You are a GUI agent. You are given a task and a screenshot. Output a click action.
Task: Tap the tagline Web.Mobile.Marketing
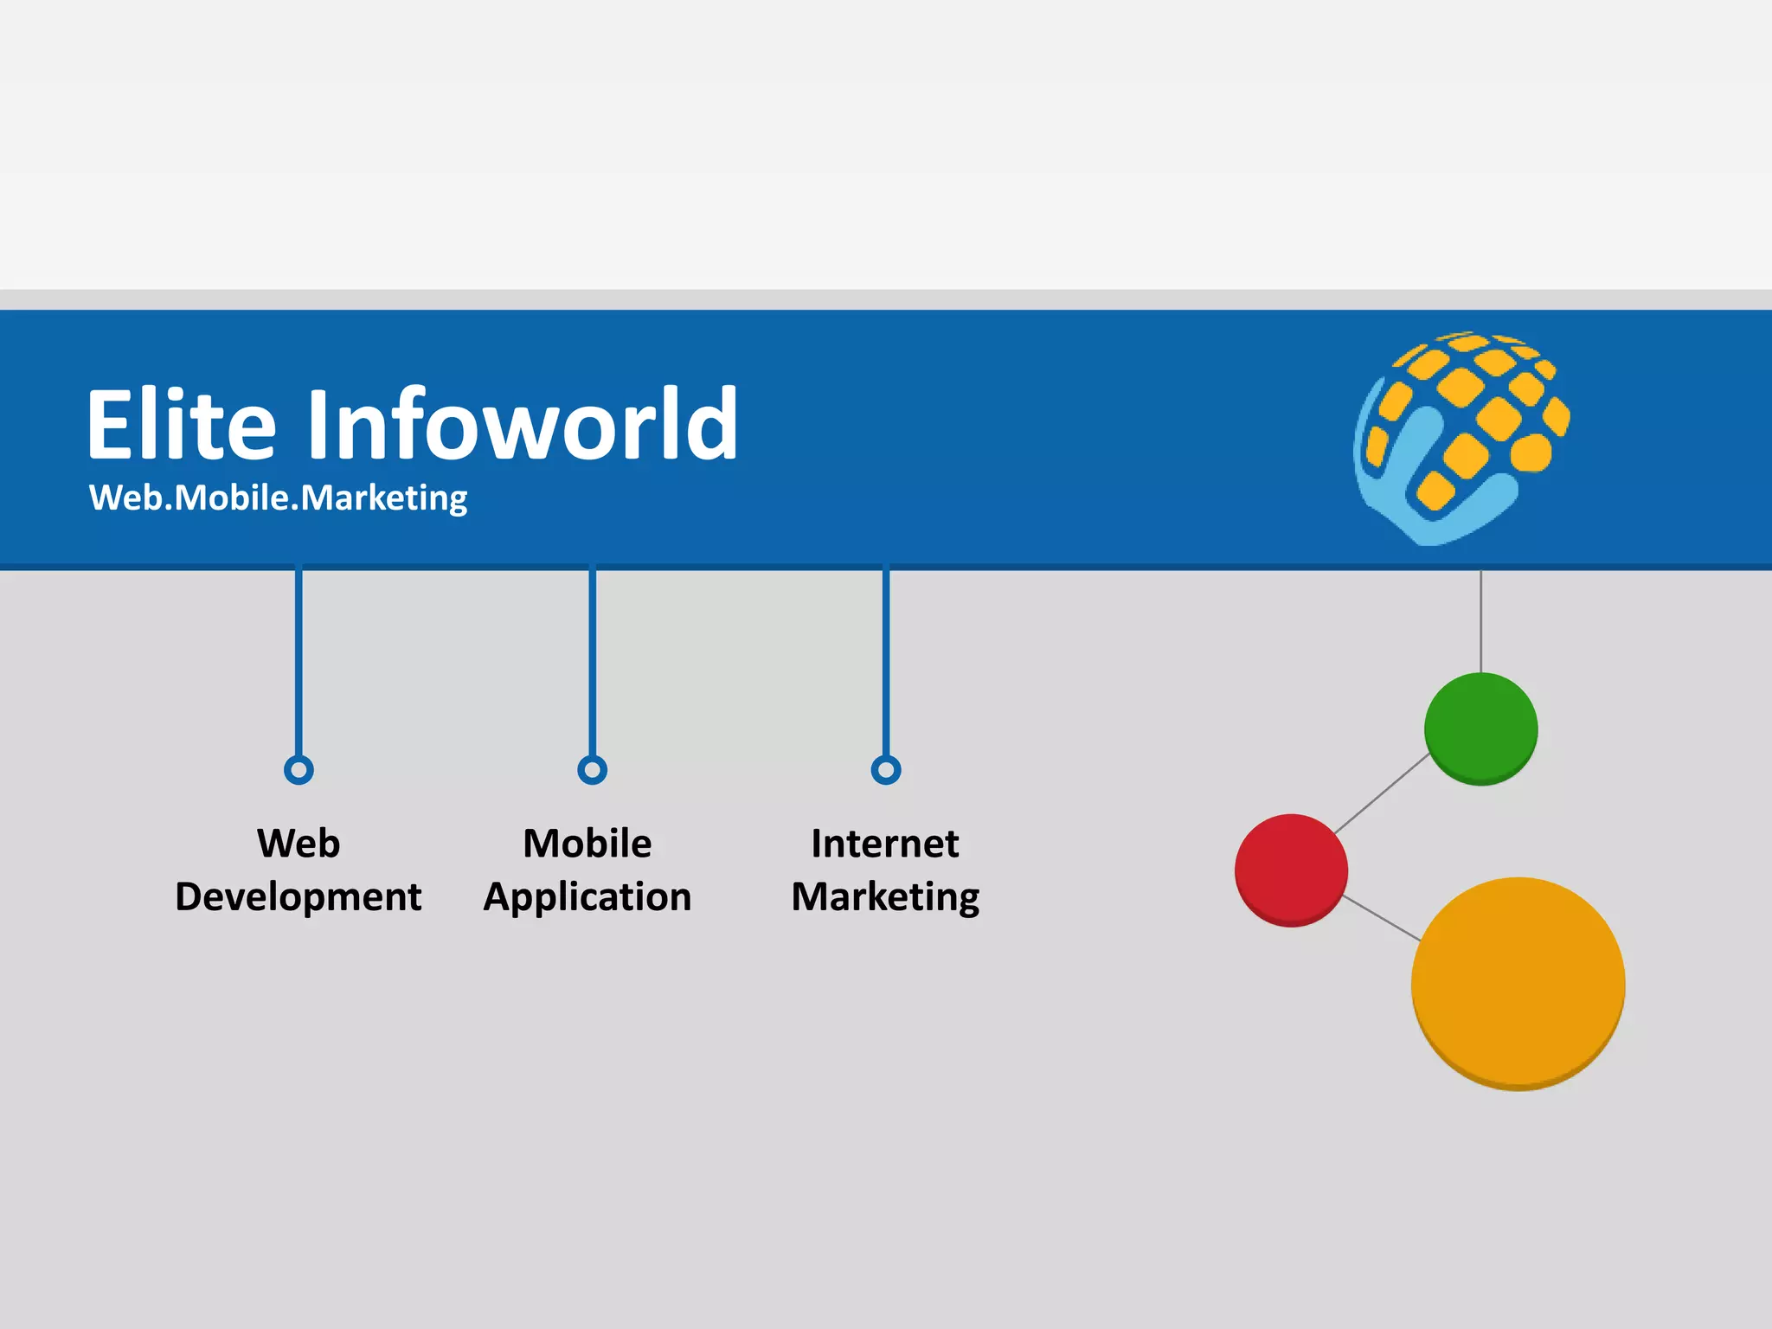point(278,498)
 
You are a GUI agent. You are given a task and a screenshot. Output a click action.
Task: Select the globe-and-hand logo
point(1461,438)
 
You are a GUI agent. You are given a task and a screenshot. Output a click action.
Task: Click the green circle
point(1480,729)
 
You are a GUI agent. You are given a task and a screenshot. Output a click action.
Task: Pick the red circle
point(1291,870)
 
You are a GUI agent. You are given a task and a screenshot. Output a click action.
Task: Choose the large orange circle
point(1518,984)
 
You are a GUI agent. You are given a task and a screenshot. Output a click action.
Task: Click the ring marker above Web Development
point(299,769)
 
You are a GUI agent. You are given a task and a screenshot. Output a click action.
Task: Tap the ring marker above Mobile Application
point(592,769)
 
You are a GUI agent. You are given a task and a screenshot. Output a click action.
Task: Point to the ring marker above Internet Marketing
point(885,769)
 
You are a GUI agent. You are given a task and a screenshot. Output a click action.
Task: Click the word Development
point(299,897)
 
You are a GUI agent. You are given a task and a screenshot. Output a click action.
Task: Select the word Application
point(587,897)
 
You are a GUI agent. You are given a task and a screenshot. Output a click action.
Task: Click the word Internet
point(884,844)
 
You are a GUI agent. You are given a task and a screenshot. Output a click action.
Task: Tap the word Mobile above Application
point(587,844)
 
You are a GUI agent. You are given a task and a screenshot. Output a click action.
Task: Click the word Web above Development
point(299,844)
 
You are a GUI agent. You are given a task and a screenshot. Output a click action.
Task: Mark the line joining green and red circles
point(1382,793)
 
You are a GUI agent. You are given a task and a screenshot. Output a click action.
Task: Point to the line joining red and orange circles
point(1381,918)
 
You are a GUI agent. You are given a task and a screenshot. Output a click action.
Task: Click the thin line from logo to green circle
point(1480,621)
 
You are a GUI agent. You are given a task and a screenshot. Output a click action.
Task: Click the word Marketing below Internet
point(885,897)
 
